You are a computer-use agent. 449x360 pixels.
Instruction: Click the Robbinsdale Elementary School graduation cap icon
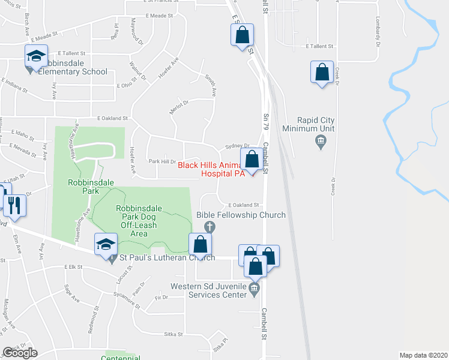[x=36, y=56]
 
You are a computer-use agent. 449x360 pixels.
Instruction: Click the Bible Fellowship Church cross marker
[x=209, y=226]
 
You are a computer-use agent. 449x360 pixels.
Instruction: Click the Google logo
[x=20, y=352]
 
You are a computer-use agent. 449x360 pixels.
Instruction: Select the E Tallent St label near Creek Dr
[x=319, y=46]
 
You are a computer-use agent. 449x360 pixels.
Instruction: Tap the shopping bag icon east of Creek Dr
[x=322, y=73]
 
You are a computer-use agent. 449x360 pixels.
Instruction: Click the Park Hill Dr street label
[x=162, y=161]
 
